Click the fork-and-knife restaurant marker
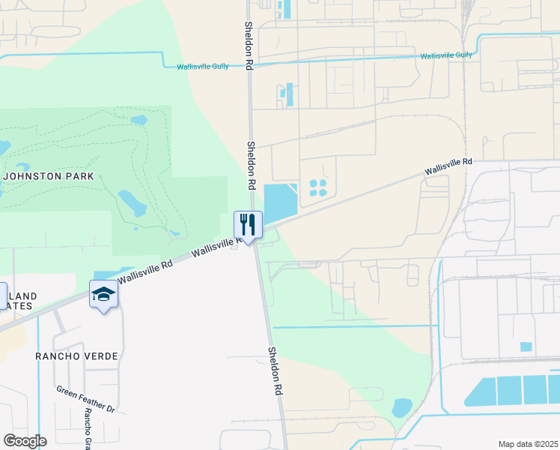pyautogui.click(x=248, y=224)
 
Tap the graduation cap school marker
pyautogui.click(x=103, y=295)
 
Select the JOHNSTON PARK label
pyautogui.click(x=49, y=177)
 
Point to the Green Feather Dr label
pyautogui.click(x=85, y=400)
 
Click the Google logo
pyautogui.click(x=25, y=440)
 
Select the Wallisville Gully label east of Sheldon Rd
pyautogui.click(x=446, y=55)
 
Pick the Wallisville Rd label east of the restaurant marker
pyautogui.click(x=449, y=166)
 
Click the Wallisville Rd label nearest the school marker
pyautogui.click(x=146, y=271)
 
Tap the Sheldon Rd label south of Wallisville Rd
pyautogui.click(x=276, y=371)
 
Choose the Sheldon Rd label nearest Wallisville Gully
pyautogui.click(x=249, y=45)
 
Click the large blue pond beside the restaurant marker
pyautogui.click(x=279, y=202)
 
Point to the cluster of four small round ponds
pyautogui.click(x=318, y=187)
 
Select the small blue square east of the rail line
pyautogui.click(x=526, y=346)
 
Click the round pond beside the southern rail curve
pyautogui.click(x=402, y=407)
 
